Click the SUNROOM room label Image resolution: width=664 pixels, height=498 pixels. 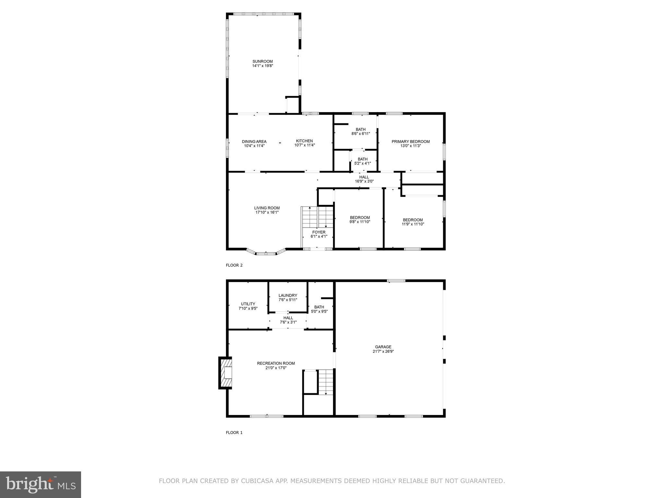[263, 61]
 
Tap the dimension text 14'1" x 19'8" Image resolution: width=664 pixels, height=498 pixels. [263, 66]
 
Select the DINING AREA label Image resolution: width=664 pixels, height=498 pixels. [254, 141]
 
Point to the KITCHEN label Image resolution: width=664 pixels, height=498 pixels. [304, 141]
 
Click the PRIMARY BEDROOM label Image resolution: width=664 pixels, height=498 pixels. [410, 141]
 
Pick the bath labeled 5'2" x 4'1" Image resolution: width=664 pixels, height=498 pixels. [362, 161]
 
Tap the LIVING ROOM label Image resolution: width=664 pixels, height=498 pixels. [267, 208]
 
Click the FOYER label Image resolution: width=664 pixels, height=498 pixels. [319, 232]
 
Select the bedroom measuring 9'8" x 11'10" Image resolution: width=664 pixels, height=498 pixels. [360, 219]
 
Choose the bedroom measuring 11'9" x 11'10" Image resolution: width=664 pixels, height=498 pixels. [413, 222]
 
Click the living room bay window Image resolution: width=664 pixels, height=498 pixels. [266, 253]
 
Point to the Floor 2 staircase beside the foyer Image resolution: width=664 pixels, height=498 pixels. [317, 217]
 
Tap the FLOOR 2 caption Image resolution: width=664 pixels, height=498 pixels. [234, 265]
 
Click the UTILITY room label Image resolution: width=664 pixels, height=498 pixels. [248, 304]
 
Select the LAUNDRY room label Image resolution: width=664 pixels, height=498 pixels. [288, 295]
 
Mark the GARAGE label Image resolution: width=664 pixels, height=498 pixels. [383, 347]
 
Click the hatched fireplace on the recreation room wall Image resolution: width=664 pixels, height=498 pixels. [226, 373]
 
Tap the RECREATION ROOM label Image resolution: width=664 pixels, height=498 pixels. [276, 363]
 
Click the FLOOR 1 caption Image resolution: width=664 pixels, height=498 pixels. [234, 433]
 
